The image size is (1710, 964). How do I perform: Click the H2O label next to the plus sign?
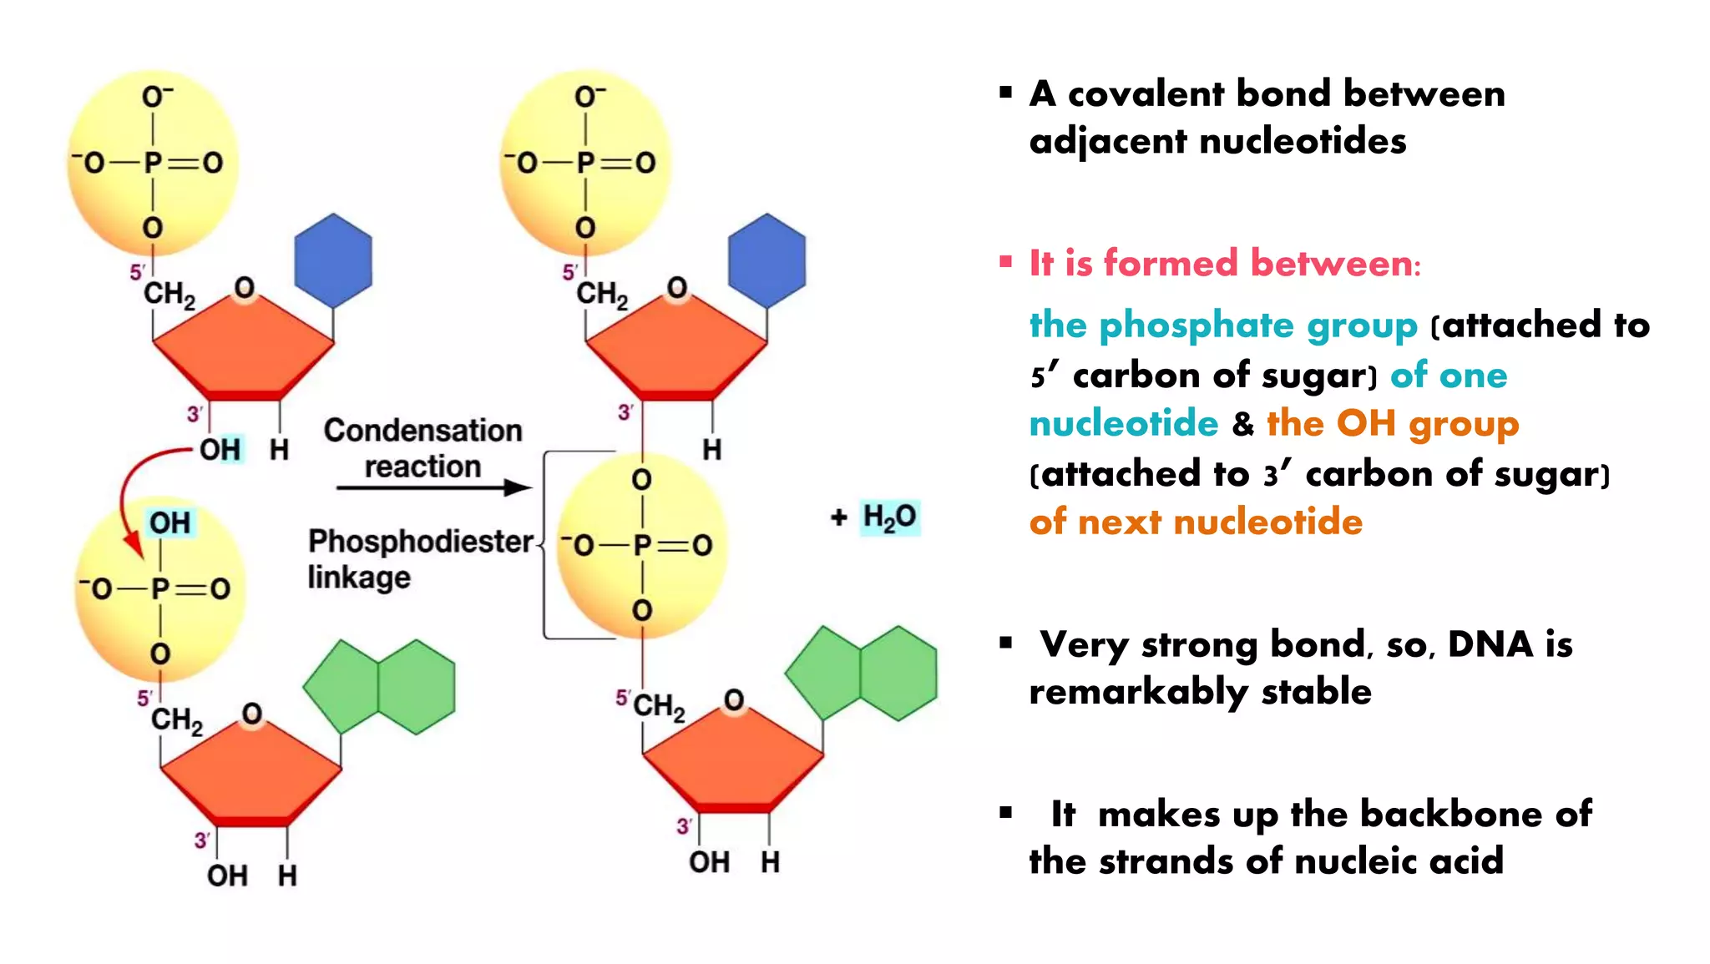[890, 517]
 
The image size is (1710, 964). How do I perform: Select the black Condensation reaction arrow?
[434, 487]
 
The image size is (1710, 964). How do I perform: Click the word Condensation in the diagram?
[422, 431]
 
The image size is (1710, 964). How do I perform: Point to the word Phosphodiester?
[421, 542]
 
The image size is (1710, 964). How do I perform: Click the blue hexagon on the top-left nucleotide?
[333, 260]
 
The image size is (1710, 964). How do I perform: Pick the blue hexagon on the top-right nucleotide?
[766, 260]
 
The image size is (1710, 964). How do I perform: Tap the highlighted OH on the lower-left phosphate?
[170, 523]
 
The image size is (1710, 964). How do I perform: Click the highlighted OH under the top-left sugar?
[220, 450]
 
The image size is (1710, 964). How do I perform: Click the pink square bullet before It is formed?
[1006, 263]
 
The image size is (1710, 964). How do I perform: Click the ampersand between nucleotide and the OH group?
[1243, 424]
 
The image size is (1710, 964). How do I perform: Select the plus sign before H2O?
[839, 517]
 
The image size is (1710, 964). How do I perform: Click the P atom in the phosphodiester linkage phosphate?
[642, 546]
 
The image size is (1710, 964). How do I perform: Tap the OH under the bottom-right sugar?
[709, 862]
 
